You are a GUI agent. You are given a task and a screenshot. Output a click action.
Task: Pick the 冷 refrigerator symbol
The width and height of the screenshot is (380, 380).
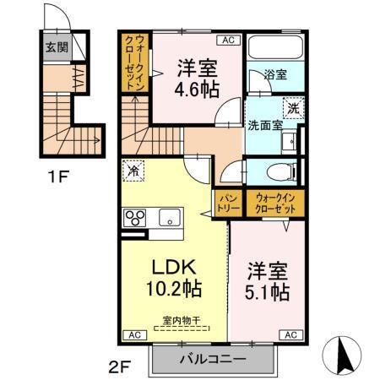[x=133, y=169]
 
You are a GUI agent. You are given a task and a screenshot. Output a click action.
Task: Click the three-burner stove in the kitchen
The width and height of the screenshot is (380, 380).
[x=136, y=218]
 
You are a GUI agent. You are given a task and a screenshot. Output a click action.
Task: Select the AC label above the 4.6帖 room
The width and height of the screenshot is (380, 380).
[x=229, y=40]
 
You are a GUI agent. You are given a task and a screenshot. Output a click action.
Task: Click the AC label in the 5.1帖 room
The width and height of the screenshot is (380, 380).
[x=290, y=335]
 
